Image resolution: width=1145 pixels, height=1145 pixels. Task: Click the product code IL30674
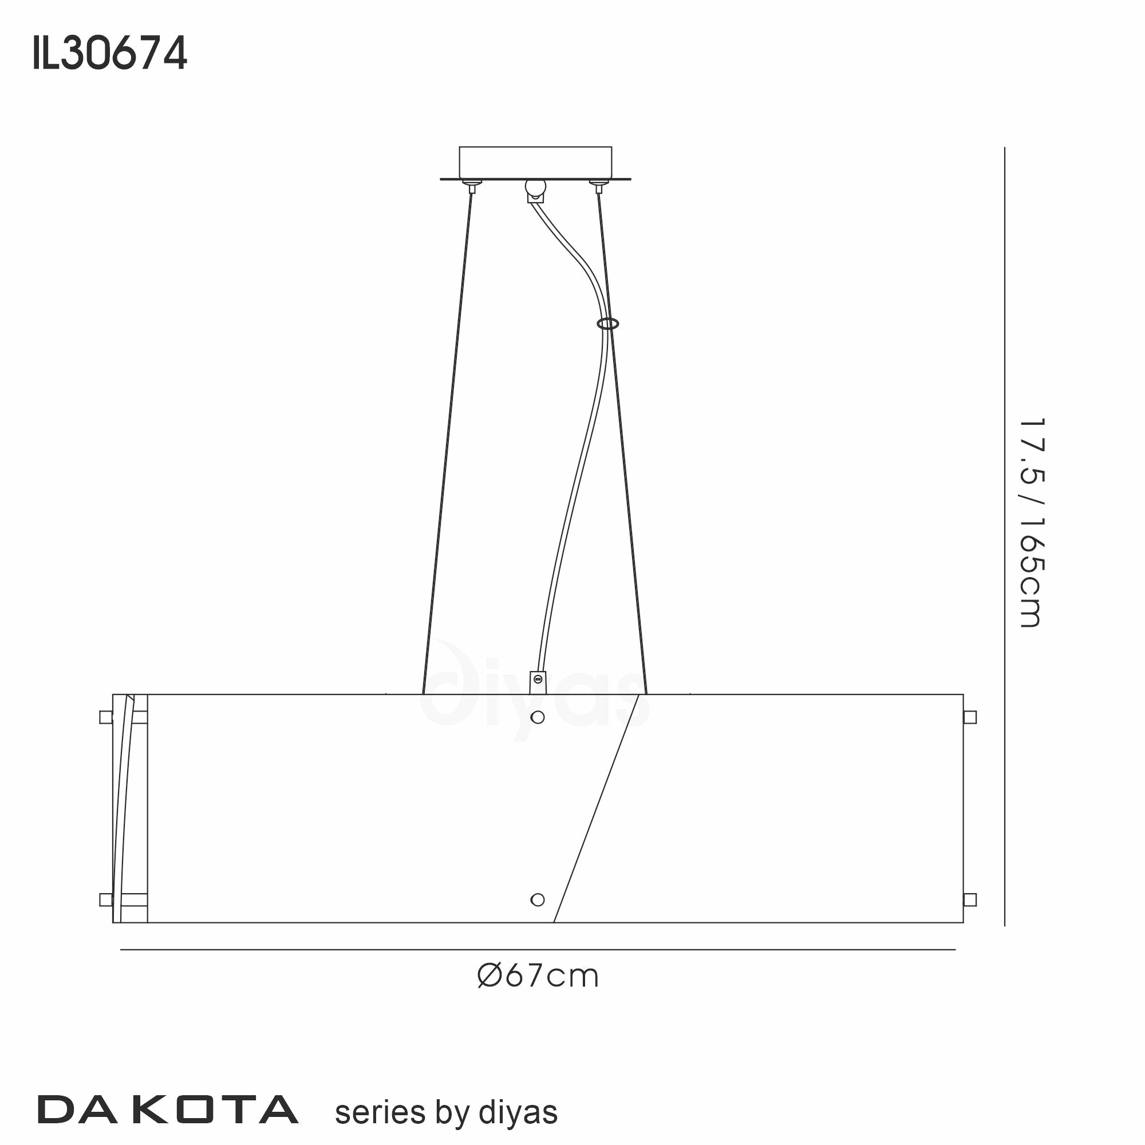[x=110, y=53]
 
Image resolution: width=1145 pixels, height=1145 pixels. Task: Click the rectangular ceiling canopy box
[x=535, y=162]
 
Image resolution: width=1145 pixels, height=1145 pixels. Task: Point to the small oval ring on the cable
[x=608, y=323]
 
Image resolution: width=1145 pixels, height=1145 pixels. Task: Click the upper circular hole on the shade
[x=538, y=718]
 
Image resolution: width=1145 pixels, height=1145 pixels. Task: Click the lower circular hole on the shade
[x=538, y=899]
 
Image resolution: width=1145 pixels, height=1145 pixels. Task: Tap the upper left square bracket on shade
[x=106, y=718]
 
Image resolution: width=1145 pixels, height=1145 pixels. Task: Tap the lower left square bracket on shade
[x=106, y=899]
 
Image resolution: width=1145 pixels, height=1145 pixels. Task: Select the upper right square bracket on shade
[x=970, y=718]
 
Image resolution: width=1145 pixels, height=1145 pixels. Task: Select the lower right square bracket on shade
[x=970, y=899]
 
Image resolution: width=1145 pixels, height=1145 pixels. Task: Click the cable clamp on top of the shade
[x=537, y=681]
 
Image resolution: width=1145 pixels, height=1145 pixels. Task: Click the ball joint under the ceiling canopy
[x=535, y=188]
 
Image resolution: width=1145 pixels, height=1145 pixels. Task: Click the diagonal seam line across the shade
[x=596, y=808]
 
